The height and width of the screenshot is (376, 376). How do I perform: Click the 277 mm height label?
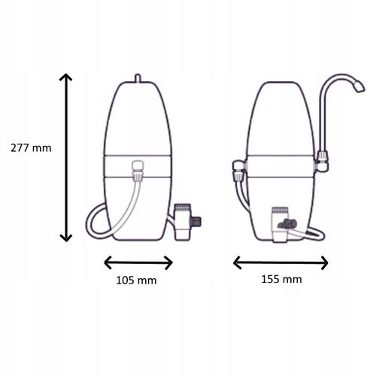tap(31, 148)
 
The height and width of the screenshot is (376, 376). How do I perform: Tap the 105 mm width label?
tap(136, 280)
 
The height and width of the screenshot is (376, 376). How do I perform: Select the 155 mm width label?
tap(281, 279)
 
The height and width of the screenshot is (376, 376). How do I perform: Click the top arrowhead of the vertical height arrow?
tap(65, 77)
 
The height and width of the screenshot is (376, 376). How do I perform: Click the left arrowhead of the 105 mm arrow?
tap(108, 262)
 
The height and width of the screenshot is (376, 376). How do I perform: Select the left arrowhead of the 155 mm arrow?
tap(237, 262)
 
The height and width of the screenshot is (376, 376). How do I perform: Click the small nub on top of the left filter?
tap(138, 78)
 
